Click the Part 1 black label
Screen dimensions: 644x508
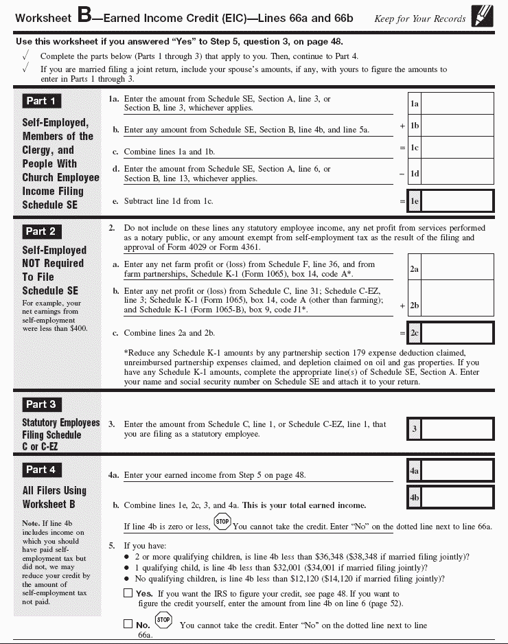pyautogui.click(x=41, y=101)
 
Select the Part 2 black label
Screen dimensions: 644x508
pyautogui.click(x=41, y=231)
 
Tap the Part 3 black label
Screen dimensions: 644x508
pyautogui.click(x=41, y=404)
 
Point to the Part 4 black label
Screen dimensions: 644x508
pyautogui.click(x=41, y=470)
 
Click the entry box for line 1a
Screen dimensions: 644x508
pyautogui.click(x=457, y=104)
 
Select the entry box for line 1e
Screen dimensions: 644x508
pyautogui.click(x=457, y=201)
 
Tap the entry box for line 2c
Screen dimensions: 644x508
pyautogui.click(x=457, y=333)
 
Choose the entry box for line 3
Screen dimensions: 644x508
pyautogui.click(x=457, y=429)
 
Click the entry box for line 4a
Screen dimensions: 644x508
pyautogui.click(x=457, y=471)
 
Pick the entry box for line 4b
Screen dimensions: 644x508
pyautogui.click(x=457, y=497)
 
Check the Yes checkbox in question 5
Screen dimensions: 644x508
pyautogui.click(x=128, y=593)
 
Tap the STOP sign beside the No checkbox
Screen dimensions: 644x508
pyautogui.click(x=163, y=620)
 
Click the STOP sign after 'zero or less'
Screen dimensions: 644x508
pyautogui.click(x=222, y=522)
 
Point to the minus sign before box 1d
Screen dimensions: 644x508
pyautogui.click(x=402, y=174)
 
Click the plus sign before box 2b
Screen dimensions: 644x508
pyautogui.click(x=402, y=306)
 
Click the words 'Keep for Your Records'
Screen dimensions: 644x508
pyautogui.click(x=419, y=19)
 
